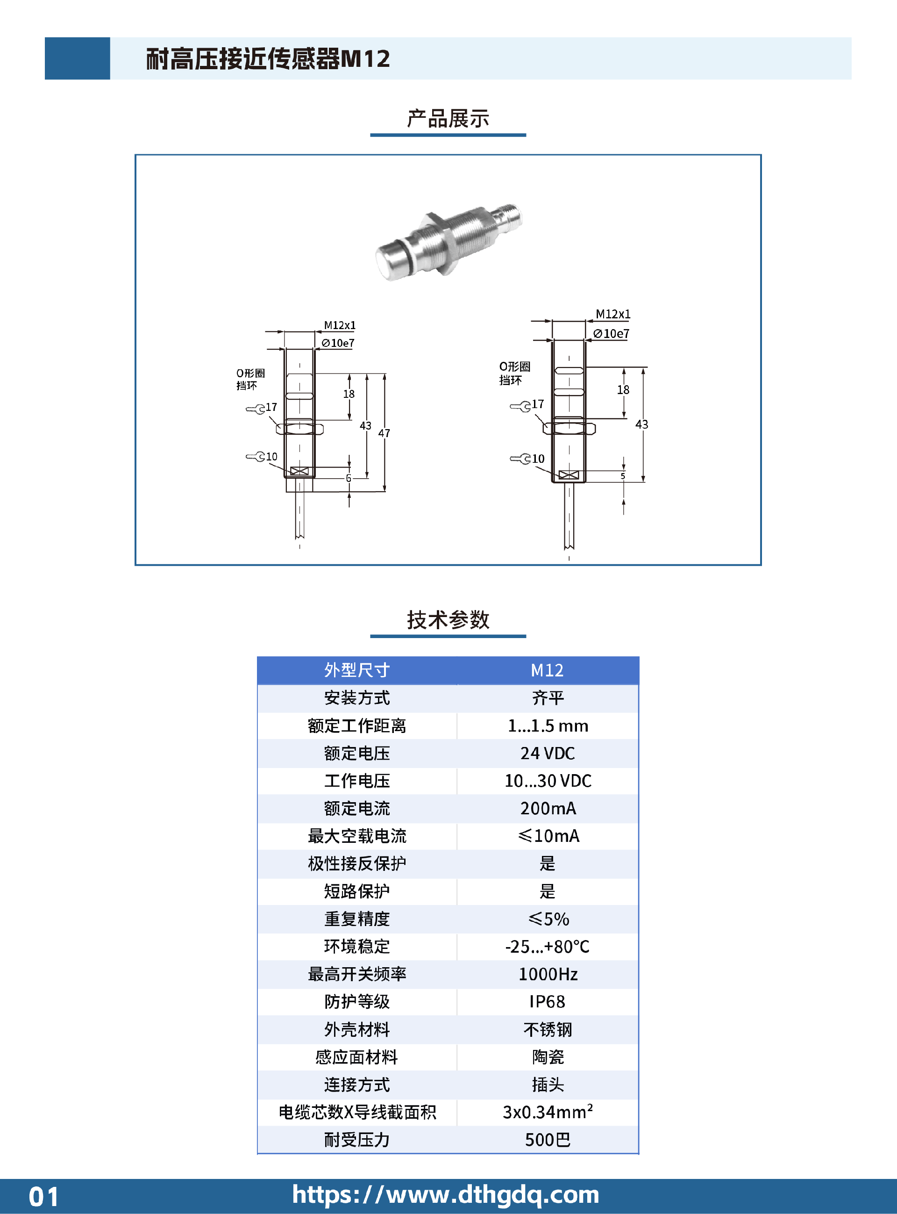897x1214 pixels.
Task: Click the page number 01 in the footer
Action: (x=43, y=1197)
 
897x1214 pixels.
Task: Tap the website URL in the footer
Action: (x=446, y=1194)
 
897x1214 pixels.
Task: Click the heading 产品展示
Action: (x=448, y=118)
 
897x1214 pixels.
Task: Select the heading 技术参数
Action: (x=448, y=619)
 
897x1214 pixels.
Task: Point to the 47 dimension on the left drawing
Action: (x=384, y=433)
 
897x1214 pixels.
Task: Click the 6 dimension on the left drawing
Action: (x=349, y=478)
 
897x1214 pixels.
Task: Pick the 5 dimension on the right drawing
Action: (x=623, y=476)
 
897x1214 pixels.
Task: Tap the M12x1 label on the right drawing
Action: (x=613, y=314)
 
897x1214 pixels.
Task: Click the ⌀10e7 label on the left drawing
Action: (x=338, y=343)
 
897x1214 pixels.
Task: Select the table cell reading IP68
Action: (x=548, y=1002)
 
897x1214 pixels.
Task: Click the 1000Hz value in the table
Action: (x=548, y=974)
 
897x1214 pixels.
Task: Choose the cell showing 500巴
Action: (x=548, y=1140)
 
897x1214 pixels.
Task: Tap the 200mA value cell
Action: (x=548, y=808)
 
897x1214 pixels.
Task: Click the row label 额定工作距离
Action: (x=357, y=726)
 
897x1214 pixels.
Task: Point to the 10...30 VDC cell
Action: (x=548, y=781)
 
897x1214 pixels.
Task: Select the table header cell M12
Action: (x=548, y=670)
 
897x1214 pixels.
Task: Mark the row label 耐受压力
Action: (x=357, y=1140)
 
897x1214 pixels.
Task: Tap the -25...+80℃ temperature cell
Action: (x=548, y=947)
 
